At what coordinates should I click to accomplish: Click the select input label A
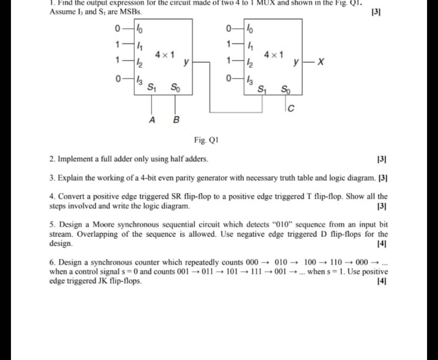click(x=152, y=120)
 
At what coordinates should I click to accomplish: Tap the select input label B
click(x=176, y=120)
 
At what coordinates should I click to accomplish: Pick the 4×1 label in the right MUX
click(x=273, y=54)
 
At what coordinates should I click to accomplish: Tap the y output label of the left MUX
click(x=186, y=62)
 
